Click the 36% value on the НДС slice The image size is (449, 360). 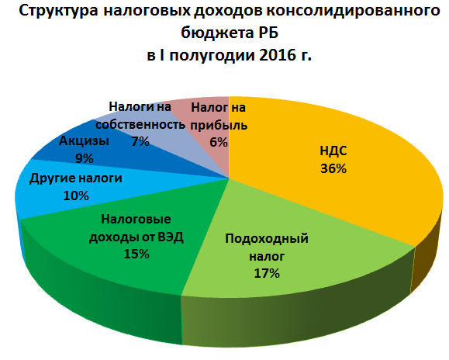[x=333, y=168]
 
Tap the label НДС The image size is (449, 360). [x=333, y=151]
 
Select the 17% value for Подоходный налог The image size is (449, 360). [x=267, y=273]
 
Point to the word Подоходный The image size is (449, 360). [x=267, y=238]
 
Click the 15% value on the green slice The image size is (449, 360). [x=136, y=254]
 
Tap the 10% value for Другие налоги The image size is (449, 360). [x=76, y=196]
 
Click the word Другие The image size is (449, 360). [x=52, y=178]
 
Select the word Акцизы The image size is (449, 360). [x=84, y=141]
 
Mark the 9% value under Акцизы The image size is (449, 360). [x=85, y=158]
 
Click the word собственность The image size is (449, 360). [x=140, y=125]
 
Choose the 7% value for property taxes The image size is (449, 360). [x=140, y=141]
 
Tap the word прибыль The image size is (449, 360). [x=219, y=126]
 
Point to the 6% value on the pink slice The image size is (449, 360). [x=219, y=142]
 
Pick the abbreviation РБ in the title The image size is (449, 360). [x=268, y=33]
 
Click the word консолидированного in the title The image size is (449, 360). [x=353, y=11]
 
